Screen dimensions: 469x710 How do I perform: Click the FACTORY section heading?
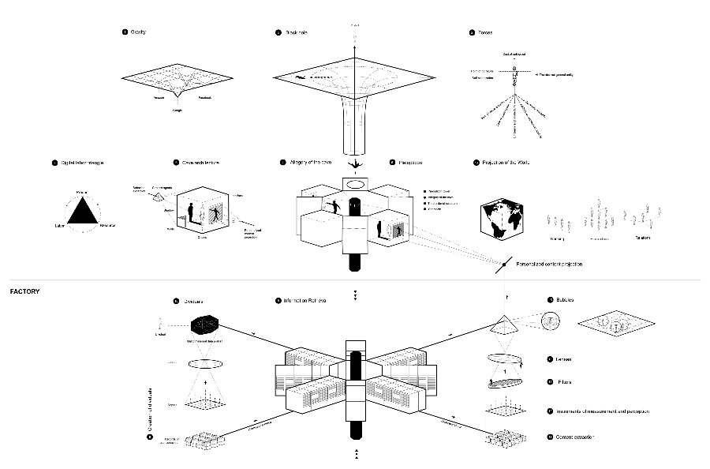(24, 291)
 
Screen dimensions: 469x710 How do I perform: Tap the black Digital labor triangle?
(81, 212)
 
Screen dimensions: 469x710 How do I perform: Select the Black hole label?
(296, 32)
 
